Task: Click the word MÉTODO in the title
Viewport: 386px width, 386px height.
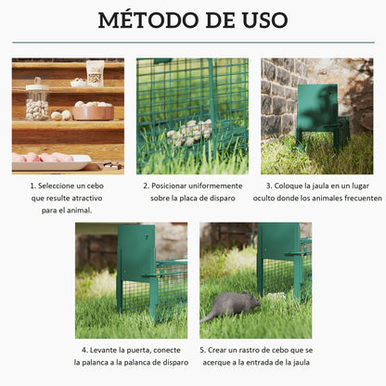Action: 153,20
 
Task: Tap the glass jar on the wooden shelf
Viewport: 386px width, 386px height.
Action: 37,100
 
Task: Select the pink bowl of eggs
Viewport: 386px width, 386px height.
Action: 92,110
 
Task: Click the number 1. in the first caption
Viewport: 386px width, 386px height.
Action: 32,185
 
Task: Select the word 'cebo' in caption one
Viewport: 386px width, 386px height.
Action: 97,185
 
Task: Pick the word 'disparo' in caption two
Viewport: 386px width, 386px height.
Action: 224,199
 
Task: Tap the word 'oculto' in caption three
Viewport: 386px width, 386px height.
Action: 279,199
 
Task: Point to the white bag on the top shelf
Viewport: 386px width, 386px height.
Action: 95,71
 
